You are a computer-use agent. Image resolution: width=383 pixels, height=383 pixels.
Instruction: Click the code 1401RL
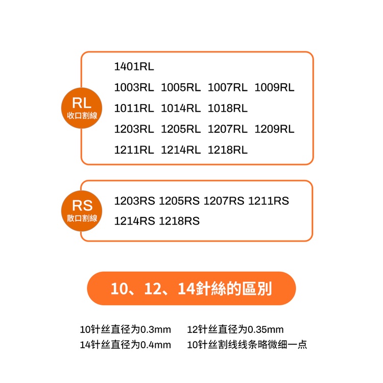pos(134,66)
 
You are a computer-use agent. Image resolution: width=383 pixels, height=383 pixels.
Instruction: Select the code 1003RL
pos(134,87)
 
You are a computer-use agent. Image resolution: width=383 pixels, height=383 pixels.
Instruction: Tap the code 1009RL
pos(274,87)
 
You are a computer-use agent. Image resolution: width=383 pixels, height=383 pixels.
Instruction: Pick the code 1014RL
pos(181,108)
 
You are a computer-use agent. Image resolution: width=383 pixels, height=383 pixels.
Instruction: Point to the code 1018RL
pos(228,108)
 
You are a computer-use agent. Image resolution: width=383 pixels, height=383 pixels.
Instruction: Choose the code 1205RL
pos(181,129)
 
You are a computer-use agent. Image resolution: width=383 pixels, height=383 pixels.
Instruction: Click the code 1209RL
pos(274,129)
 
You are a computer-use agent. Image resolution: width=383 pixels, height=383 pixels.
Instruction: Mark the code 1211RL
pos(134,150)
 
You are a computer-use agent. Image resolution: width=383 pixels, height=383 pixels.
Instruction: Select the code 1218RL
pos(228,150)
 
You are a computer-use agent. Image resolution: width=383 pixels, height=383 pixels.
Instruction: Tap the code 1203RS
pos(135,201)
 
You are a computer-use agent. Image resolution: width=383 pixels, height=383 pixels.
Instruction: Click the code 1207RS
pos(224,201)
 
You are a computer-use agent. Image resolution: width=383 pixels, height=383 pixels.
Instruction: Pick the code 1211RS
pos(269,201)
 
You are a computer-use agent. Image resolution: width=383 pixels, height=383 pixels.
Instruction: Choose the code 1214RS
pos(135,221)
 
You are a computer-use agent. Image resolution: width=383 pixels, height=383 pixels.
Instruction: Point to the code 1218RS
pos(179,221)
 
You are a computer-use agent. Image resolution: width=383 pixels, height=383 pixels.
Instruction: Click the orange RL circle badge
pos(82,108)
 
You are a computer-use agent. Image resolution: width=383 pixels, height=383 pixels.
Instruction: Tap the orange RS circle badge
pos(82,211)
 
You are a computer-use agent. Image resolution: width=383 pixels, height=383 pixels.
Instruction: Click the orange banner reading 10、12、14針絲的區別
pos(192,289)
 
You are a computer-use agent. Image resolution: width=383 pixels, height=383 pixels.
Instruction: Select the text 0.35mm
pos(266,329)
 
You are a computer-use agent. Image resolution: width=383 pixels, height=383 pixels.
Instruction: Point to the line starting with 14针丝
pos(125,345)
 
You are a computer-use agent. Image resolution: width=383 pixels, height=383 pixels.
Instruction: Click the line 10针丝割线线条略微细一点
pos(247,345)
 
